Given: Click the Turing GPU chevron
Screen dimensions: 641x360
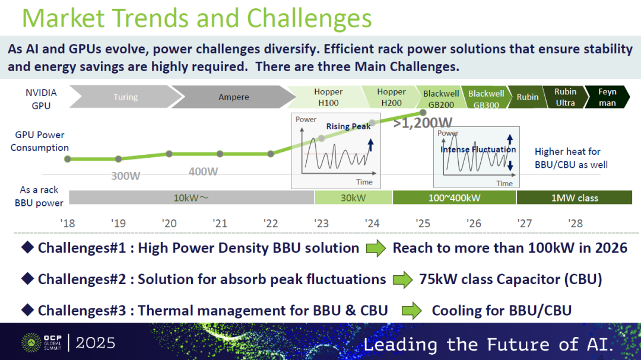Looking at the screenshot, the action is click(125, 97).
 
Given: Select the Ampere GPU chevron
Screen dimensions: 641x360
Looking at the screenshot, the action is click(233, 97).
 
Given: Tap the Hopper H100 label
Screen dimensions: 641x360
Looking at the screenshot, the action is click(328, 97).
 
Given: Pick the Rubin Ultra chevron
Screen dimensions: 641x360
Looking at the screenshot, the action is click(565, 97).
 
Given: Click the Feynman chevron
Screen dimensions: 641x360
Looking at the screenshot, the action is click(607, 97).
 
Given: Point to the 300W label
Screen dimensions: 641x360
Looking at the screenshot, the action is click(125, 176).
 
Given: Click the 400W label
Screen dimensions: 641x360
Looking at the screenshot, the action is click(203, 171).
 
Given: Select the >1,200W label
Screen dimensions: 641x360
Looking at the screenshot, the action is click(423, 123).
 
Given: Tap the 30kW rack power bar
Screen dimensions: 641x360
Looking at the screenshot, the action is click(353, 197).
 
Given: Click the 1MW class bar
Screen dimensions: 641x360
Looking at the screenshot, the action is click(575, 197).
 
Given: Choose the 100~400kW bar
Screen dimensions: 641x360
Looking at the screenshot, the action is click(454, 197).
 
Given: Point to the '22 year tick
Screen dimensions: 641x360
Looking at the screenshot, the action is click(271, 224).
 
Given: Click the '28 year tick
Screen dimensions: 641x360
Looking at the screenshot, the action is click(575, 224).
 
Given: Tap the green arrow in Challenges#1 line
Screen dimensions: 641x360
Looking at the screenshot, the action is click(376, 248).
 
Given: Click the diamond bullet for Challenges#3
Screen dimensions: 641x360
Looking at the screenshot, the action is click(27, 310).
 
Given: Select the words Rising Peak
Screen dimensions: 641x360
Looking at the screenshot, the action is click(348, 126).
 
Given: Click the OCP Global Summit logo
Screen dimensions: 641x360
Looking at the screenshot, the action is click(42, 342).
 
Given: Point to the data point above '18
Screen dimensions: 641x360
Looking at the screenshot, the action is click(68, 159).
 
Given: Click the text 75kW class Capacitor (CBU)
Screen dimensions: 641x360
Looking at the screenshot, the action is click(510, 279).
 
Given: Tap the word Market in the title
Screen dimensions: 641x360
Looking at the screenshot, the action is click(64, 18).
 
